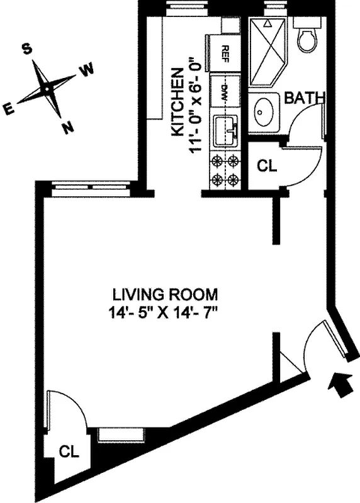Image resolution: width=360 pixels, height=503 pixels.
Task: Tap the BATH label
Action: tap(305, 98)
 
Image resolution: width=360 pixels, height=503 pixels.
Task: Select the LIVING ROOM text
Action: tap(166, 294)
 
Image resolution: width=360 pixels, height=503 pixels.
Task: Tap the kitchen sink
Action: tap(225, 130)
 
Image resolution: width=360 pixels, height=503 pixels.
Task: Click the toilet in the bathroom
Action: tap(308, 39)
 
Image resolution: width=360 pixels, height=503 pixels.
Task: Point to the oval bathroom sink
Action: tap(263, 112)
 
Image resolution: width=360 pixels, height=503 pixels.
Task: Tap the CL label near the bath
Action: tap(267, 166)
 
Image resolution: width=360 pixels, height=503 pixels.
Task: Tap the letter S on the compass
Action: tap(27, 49)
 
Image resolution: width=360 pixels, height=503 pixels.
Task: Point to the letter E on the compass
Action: tap(9, 109)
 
